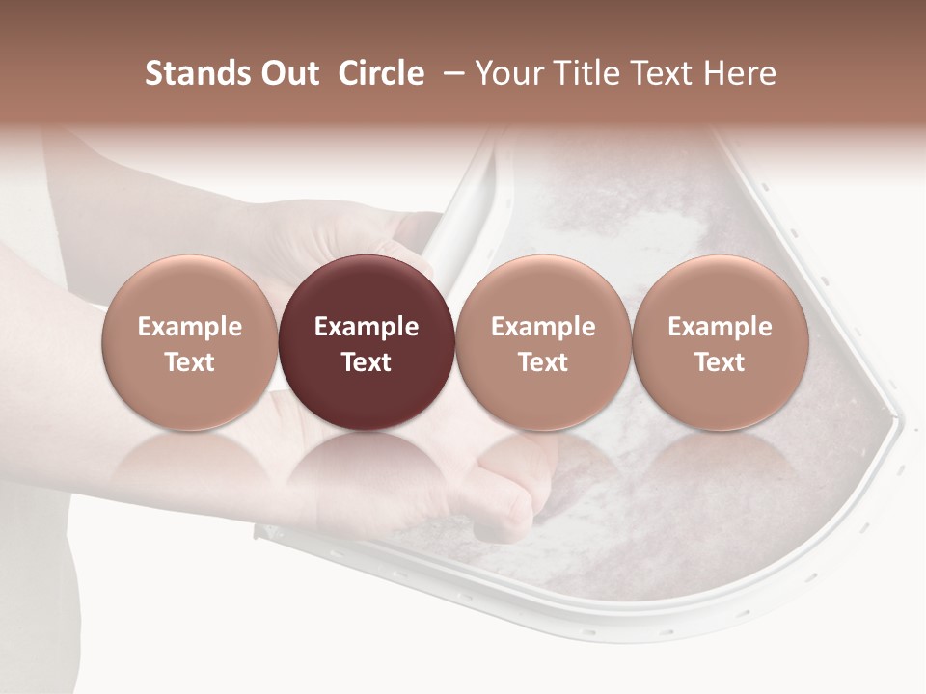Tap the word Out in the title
tap(289, 74)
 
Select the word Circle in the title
tap(381, 74)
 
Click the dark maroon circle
tap(367, 342)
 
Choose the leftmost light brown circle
tap(189, 342)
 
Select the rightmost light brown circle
tap(720, 342)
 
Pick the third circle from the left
tap(543, 342)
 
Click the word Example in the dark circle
tap(367, 327)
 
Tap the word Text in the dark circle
tap(367, 362)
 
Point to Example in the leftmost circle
tap(189, 327)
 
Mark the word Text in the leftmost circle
tap(189, 362)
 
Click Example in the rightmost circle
tap(720, 327)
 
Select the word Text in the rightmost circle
tap(720, 362)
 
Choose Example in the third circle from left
tap(543, 327)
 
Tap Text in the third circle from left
tap(543, 362)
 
